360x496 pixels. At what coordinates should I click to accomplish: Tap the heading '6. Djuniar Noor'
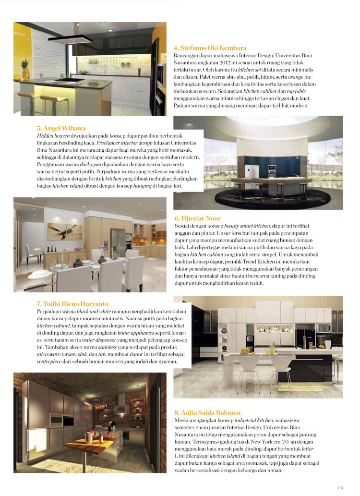coord(198,218)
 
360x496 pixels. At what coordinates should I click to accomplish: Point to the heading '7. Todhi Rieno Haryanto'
coord(72,304)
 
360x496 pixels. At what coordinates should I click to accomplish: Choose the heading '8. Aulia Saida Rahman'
coord(207,412)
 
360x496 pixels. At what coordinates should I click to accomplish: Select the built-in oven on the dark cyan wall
coord(272,168)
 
